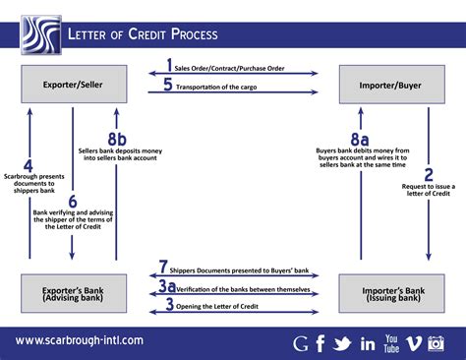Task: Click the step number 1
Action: coord(169,68)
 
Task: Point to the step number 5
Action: coord(169,85)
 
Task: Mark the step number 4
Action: coord(29,167)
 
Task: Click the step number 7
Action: coord(164,267)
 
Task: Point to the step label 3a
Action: coord(168,286)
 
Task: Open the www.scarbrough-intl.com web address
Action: coord(79,340)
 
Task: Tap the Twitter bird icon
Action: coord(342,343)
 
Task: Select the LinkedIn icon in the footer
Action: coord(369,343)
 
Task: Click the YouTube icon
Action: coord(393,342)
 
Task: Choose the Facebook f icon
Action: coord(320,343)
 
